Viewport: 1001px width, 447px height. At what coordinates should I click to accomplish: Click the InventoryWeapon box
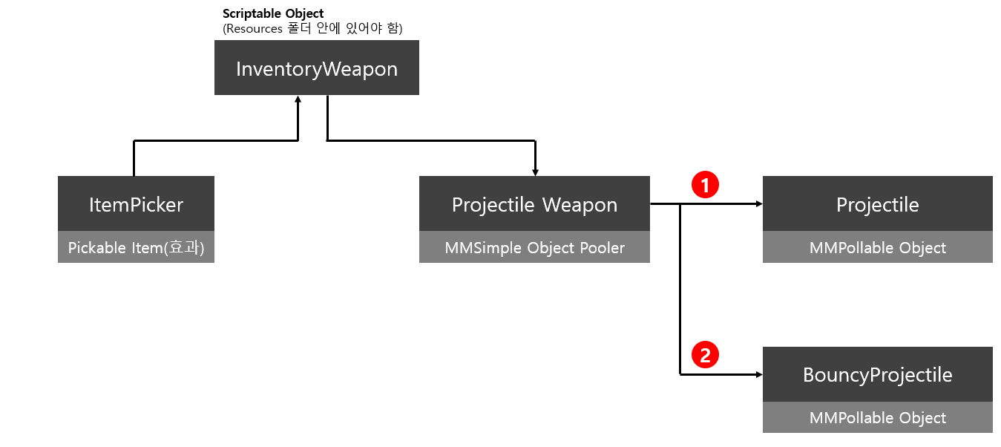tap(317, 68)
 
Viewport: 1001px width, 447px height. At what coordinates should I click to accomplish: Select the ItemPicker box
tap(136, 204)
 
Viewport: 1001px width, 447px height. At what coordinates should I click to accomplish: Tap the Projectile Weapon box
tap(534, 204)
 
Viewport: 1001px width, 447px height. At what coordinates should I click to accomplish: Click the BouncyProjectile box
tap(877, 374)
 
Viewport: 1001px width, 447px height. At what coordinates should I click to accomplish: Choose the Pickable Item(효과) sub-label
tap(136, 247)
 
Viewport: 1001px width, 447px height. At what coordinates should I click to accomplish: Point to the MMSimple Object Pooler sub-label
tap(534, 247)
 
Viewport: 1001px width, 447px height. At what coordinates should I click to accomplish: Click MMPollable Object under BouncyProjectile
tap(877, 418)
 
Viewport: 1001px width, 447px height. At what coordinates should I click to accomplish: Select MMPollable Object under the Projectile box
tap(877, 247)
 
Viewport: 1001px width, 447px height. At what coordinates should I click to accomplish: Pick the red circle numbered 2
tap(705, 355)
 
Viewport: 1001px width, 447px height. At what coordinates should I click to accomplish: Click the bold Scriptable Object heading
tap(273, 14)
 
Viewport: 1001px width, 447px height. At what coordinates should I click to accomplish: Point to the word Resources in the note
tap(254, 29)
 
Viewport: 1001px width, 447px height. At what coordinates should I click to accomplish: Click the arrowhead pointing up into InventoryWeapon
tap(298, 99)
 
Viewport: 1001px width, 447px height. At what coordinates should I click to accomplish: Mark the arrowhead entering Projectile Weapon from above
tap(535, 172)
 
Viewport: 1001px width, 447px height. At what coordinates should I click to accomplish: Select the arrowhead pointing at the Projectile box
tap(758, 204)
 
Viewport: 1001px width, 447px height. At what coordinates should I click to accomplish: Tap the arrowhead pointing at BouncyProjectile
tap(758, 375)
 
